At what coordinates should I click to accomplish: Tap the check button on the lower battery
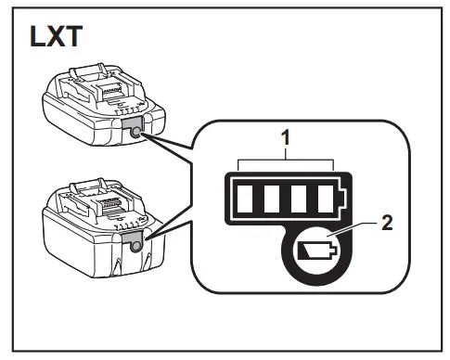(x=136, y=245)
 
